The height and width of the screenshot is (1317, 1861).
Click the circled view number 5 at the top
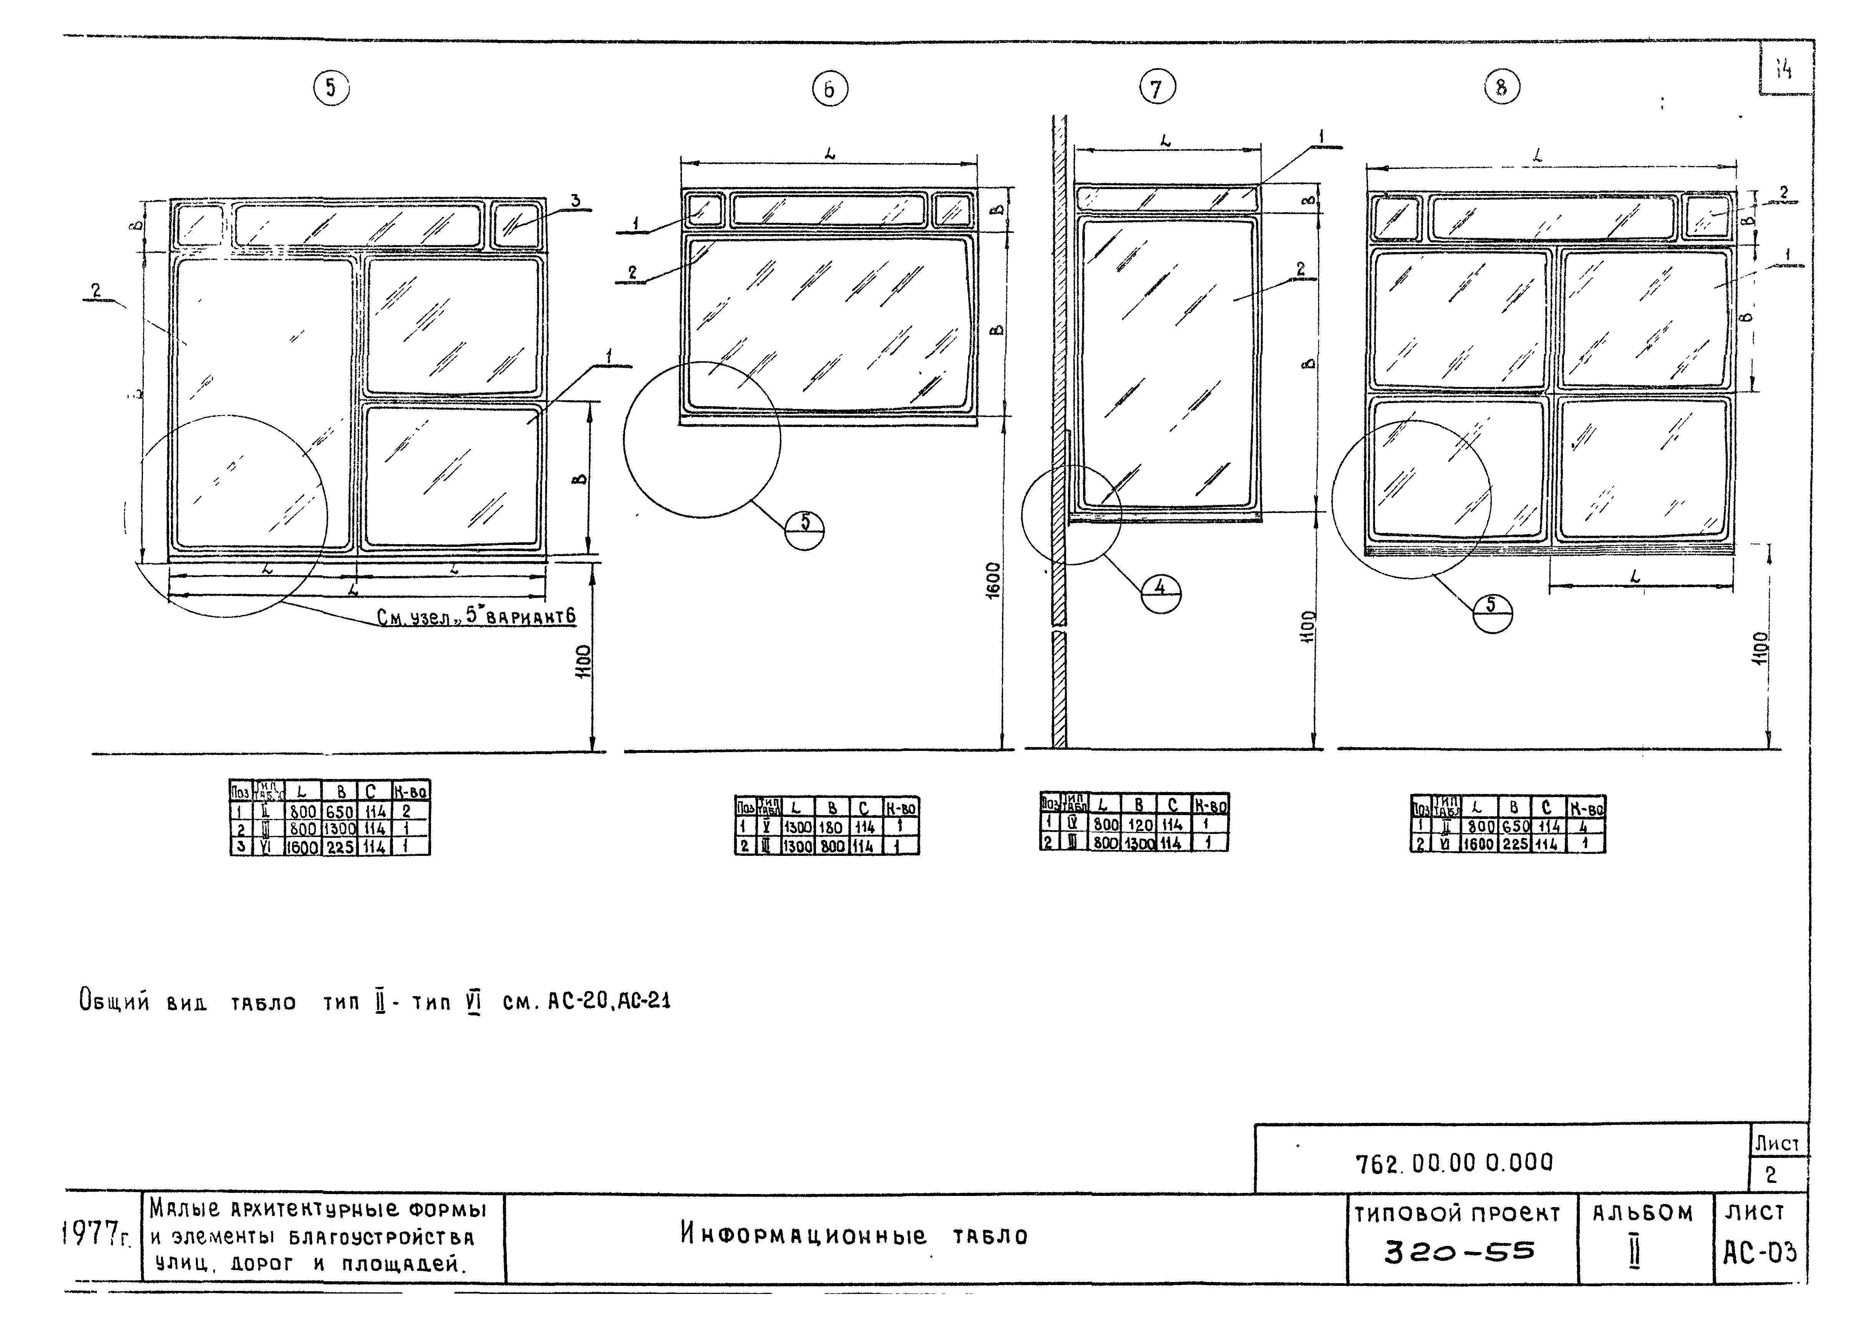click(x=331, y=88)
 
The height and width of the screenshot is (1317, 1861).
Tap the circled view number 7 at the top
click(x=1157, y=88)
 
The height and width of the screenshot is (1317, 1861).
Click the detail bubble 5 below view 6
click(x=805, y=530)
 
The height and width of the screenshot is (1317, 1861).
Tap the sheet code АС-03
click(x=1760, y=1253)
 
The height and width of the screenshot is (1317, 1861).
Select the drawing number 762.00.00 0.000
click(x=1455, y=1163)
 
